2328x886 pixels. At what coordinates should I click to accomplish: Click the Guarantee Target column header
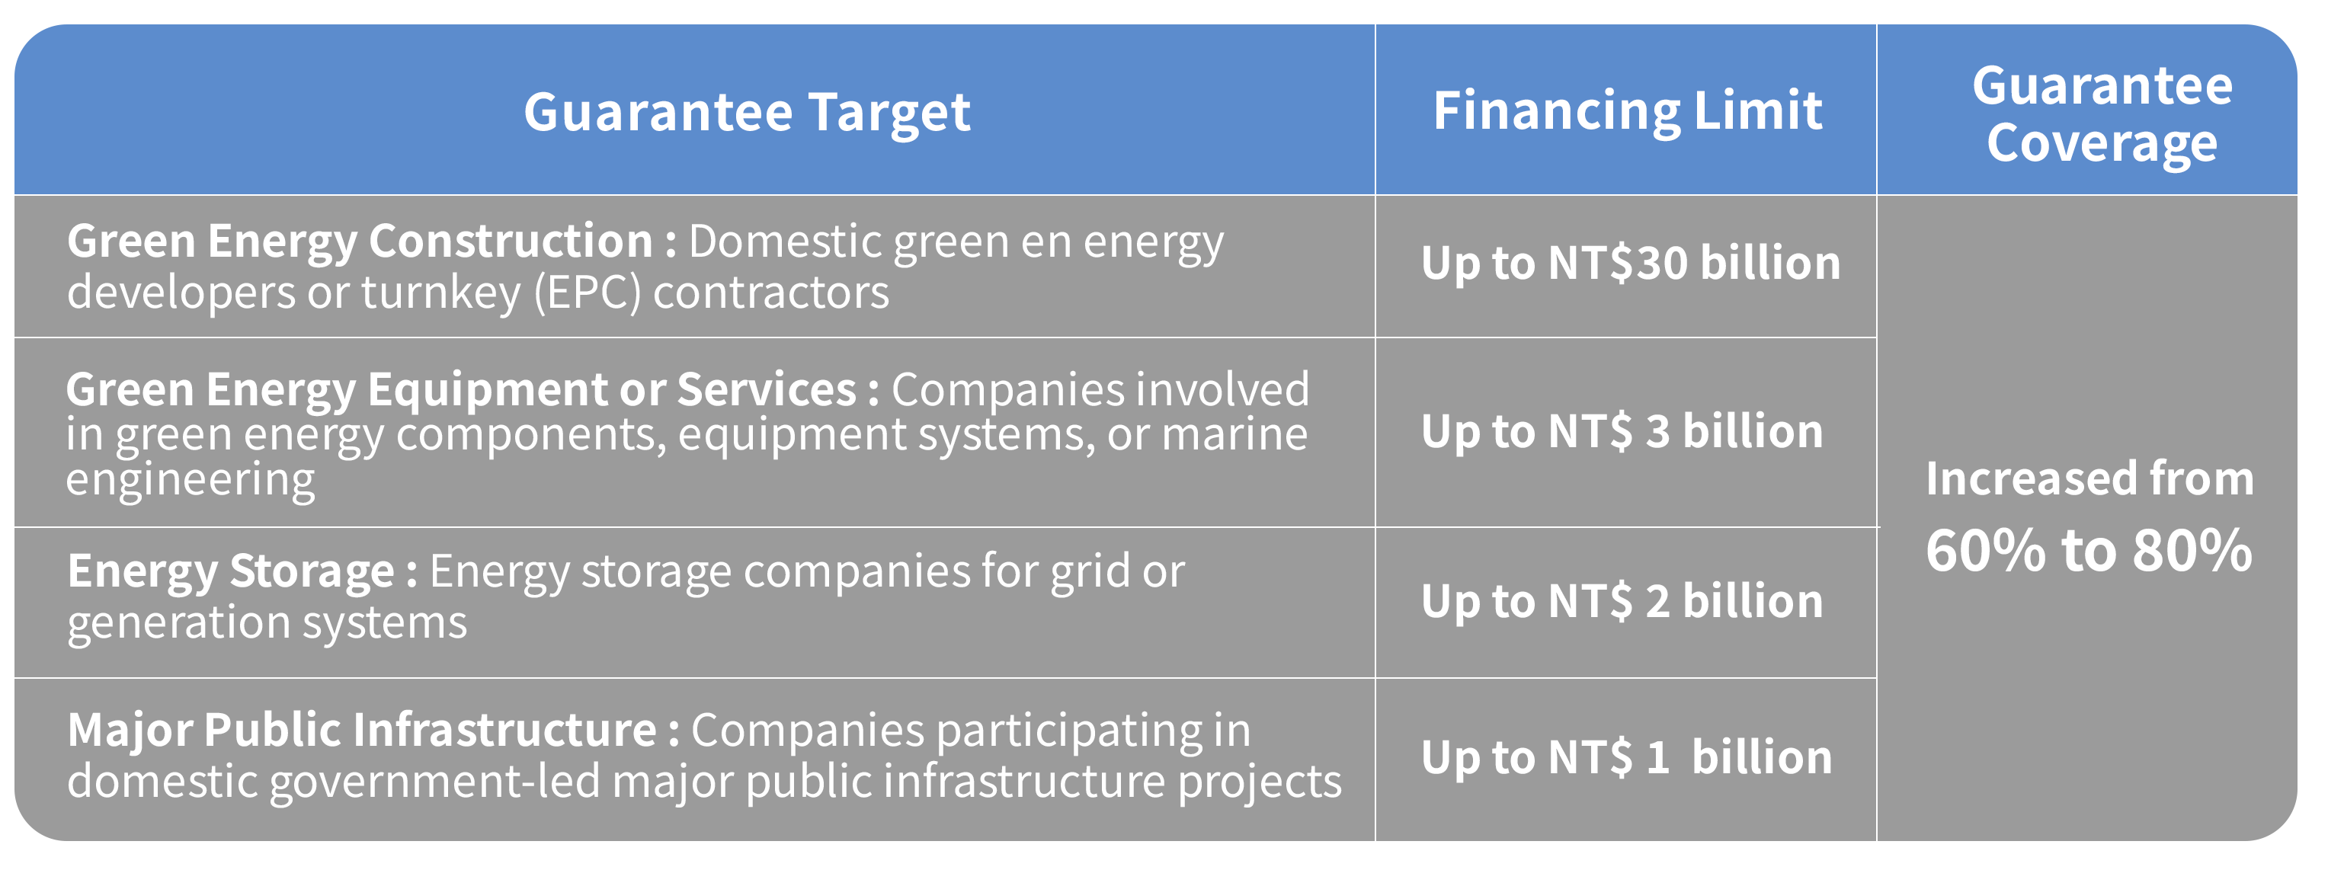(x=747, y=113)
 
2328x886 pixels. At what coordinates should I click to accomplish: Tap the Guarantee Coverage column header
(x=2102, y=115)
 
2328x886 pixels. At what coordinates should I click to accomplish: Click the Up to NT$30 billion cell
(x=1630, y=264)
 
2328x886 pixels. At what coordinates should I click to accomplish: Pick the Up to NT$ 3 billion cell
(x=1622, y=432)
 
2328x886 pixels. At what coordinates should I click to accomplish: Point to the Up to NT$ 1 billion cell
(x=1627, y=756)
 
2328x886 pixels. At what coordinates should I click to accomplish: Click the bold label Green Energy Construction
(x=360, y=242)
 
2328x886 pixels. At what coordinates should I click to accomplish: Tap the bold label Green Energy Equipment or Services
(x=461, y=390)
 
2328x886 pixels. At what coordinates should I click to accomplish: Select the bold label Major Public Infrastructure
(x=361, y=730)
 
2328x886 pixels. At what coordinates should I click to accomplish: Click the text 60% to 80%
(x=2089, y=550)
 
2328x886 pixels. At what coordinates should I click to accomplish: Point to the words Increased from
(x=2089, y=478)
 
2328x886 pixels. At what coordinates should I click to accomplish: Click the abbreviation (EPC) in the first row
(x=588, y=293)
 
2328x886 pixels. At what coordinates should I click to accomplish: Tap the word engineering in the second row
(x=190, y=481)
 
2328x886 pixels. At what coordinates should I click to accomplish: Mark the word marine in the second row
(x=1234, y=434)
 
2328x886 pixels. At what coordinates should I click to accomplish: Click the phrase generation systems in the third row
(x=267, y=623)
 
